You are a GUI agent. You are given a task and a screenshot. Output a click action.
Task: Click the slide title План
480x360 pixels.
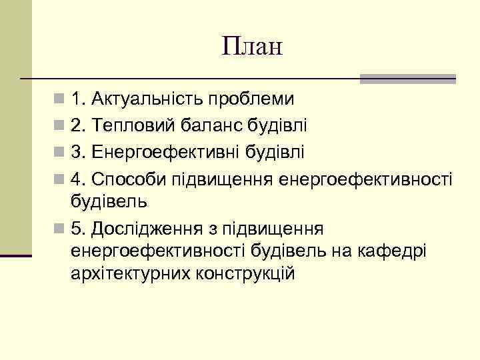[253, 47]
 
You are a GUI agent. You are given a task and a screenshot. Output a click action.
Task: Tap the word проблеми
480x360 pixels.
[251, 99]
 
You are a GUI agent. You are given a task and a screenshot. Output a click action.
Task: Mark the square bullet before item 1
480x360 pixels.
[60, 100]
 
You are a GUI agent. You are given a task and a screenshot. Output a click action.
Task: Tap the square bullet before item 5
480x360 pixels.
[60, 229]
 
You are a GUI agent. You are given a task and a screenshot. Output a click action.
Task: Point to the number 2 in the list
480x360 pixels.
[76, 125]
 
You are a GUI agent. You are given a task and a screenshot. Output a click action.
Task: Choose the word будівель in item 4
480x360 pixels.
[109, 200]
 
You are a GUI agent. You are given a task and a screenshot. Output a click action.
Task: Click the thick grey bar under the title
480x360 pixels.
[407, 79]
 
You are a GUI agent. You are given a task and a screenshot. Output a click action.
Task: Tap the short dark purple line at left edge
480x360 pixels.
[16, 256]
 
